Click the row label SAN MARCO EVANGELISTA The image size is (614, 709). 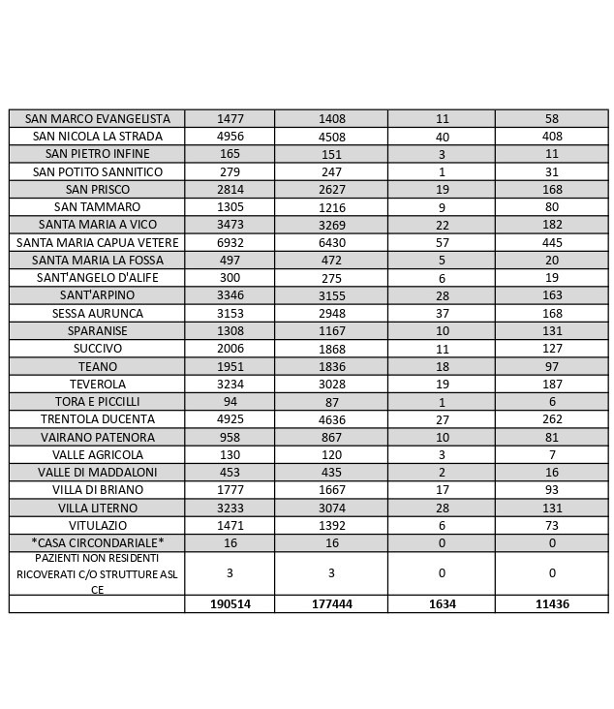pyautogui.click(x=97, y=118)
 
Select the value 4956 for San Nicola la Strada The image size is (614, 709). pyautogui.click(x=230, y=137)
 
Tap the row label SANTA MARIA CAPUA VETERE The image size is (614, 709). pyautogui.click(x=97, y=242)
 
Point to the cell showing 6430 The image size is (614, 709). pyautogui.click(x=331, y=242)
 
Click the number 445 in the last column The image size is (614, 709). pyautogui.click(x=552, y=242)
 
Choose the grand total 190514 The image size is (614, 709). pyautogui.click(x=230, y=603)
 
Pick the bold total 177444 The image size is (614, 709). pyautogui.click(x=331, y=603)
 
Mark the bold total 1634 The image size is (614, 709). pyautogui.click(x=442, y=603)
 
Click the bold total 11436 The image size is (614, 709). pyautogui.click(x=552, y=603)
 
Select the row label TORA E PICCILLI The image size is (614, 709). pyautogui.click(x=97, y=402)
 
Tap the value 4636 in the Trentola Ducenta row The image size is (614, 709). pyautogui.click(x=331, y=419)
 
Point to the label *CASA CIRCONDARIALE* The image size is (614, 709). pyautogui.click(x=97, y=542)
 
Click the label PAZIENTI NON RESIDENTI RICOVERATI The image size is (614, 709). pyautogui.click(x=97, y=573)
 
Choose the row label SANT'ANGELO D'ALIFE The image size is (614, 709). pyautogui.click(x=97, y=278)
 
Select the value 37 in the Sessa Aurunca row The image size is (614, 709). pyautogui.click(x=442, y=313)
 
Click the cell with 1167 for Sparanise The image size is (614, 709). pyautogui.click(x=331, y=331)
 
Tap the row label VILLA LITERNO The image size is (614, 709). pyautogui.click(x=97, y=508)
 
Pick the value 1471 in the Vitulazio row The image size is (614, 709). pyautogui.click(x=230, y=525)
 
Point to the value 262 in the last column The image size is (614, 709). pyautogui.click(x=552, y=419)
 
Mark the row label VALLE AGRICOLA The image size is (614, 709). pyautogui.click(x=97, y=455)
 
